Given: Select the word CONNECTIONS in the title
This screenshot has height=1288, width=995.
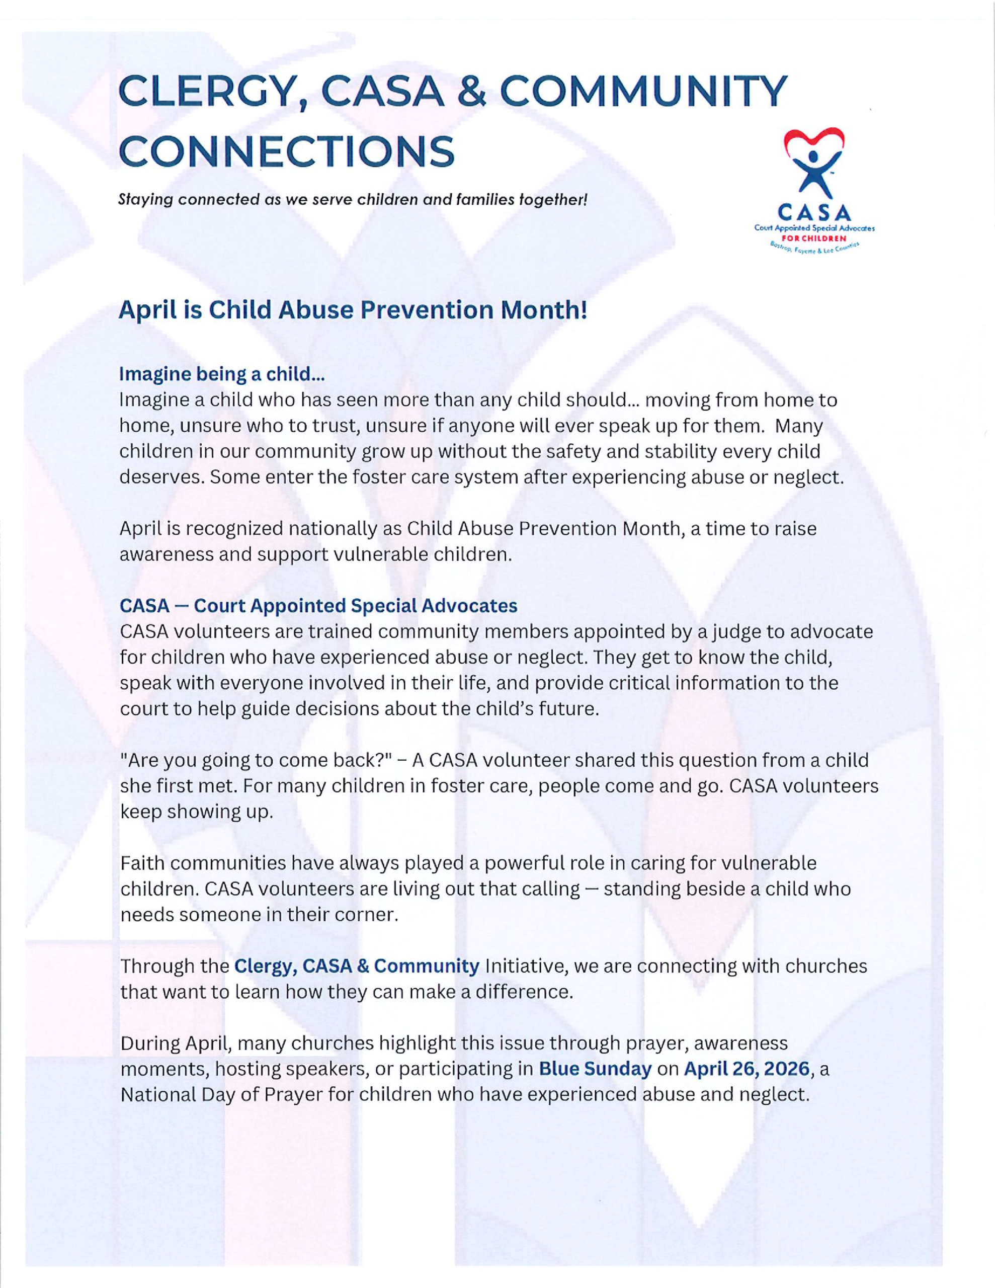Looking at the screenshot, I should [287, 151].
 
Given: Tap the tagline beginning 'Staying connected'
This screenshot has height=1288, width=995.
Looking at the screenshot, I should [353, 200].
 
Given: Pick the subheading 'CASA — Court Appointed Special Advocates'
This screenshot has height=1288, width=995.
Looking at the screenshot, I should [318, 606].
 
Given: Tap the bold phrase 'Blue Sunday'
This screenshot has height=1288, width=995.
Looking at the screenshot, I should [595, 1069].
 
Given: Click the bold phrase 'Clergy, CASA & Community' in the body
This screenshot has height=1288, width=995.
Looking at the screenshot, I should [357, 966].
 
